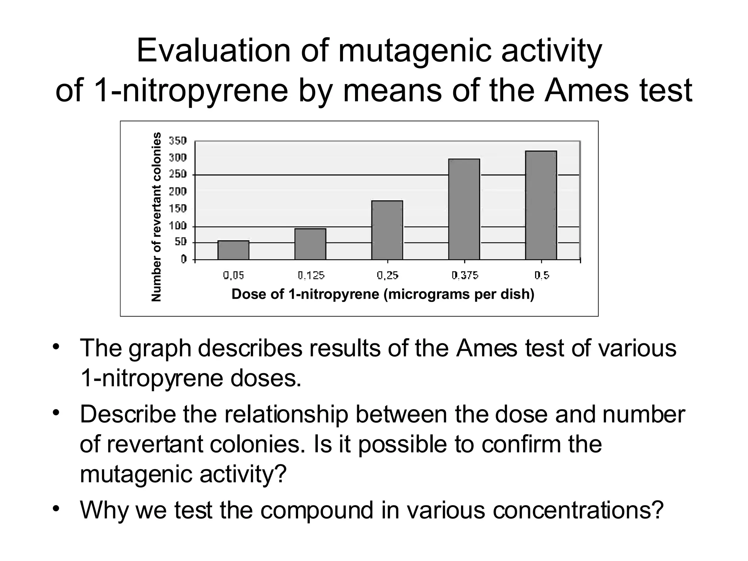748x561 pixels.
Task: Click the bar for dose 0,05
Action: click(x=233, y=250)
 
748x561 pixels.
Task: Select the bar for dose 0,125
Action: click(x=310, y=244)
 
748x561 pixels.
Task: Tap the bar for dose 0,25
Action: click(x=387, y=230)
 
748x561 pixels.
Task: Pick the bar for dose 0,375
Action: click(x=464, y=209)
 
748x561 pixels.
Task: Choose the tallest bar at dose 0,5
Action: click(x=541, y=205)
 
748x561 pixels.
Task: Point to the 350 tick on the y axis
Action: click(x=178, y=141)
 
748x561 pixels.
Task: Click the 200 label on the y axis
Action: click(x=178, y=191)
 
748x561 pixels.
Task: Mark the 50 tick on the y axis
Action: click(x=180, y=242)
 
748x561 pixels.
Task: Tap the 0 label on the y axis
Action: click(x=184, y=259)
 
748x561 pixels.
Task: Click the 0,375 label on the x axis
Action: click(x=465, y=275)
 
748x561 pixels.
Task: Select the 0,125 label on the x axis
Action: click(x=311, y=275)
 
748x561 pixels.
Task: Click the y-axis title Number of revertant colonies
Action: click(x=156, y=217)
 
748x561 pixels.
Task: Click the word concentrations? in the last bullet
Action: click(x=578, y=510)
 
